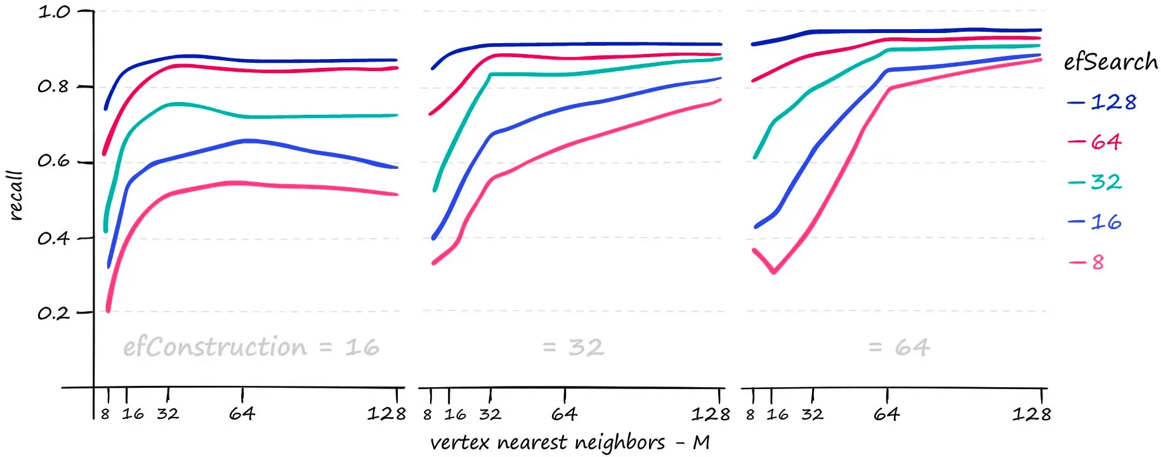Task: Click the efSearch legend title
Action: click(1110, 62)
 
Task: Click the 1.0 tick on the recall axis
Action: click(53, 12)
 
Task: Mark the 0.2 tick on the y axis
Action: click(53, 313)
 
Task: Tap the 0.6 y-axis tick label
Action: click(53, 161)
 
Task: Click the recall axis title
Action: click(16, 195)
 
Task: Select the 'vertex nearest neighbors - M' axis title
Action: click(570, 442)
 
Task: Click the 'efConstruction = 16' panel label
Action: click(251, 347)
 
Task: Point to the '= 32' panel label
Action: click(573, 347)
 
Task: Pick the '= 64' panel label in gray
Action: click(899, 347)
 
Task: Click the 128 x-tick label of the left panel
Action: click(386, 414)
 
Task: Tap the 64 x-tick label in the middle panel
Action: click(564, 414)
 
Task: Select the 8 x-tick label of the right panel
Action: click(751, 415)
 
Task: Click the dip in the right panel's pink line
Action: click(774, 272)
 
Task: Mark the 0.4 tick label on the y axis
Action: click(53, 238)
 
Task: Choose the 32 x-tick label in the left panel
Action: click(168, 414)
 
